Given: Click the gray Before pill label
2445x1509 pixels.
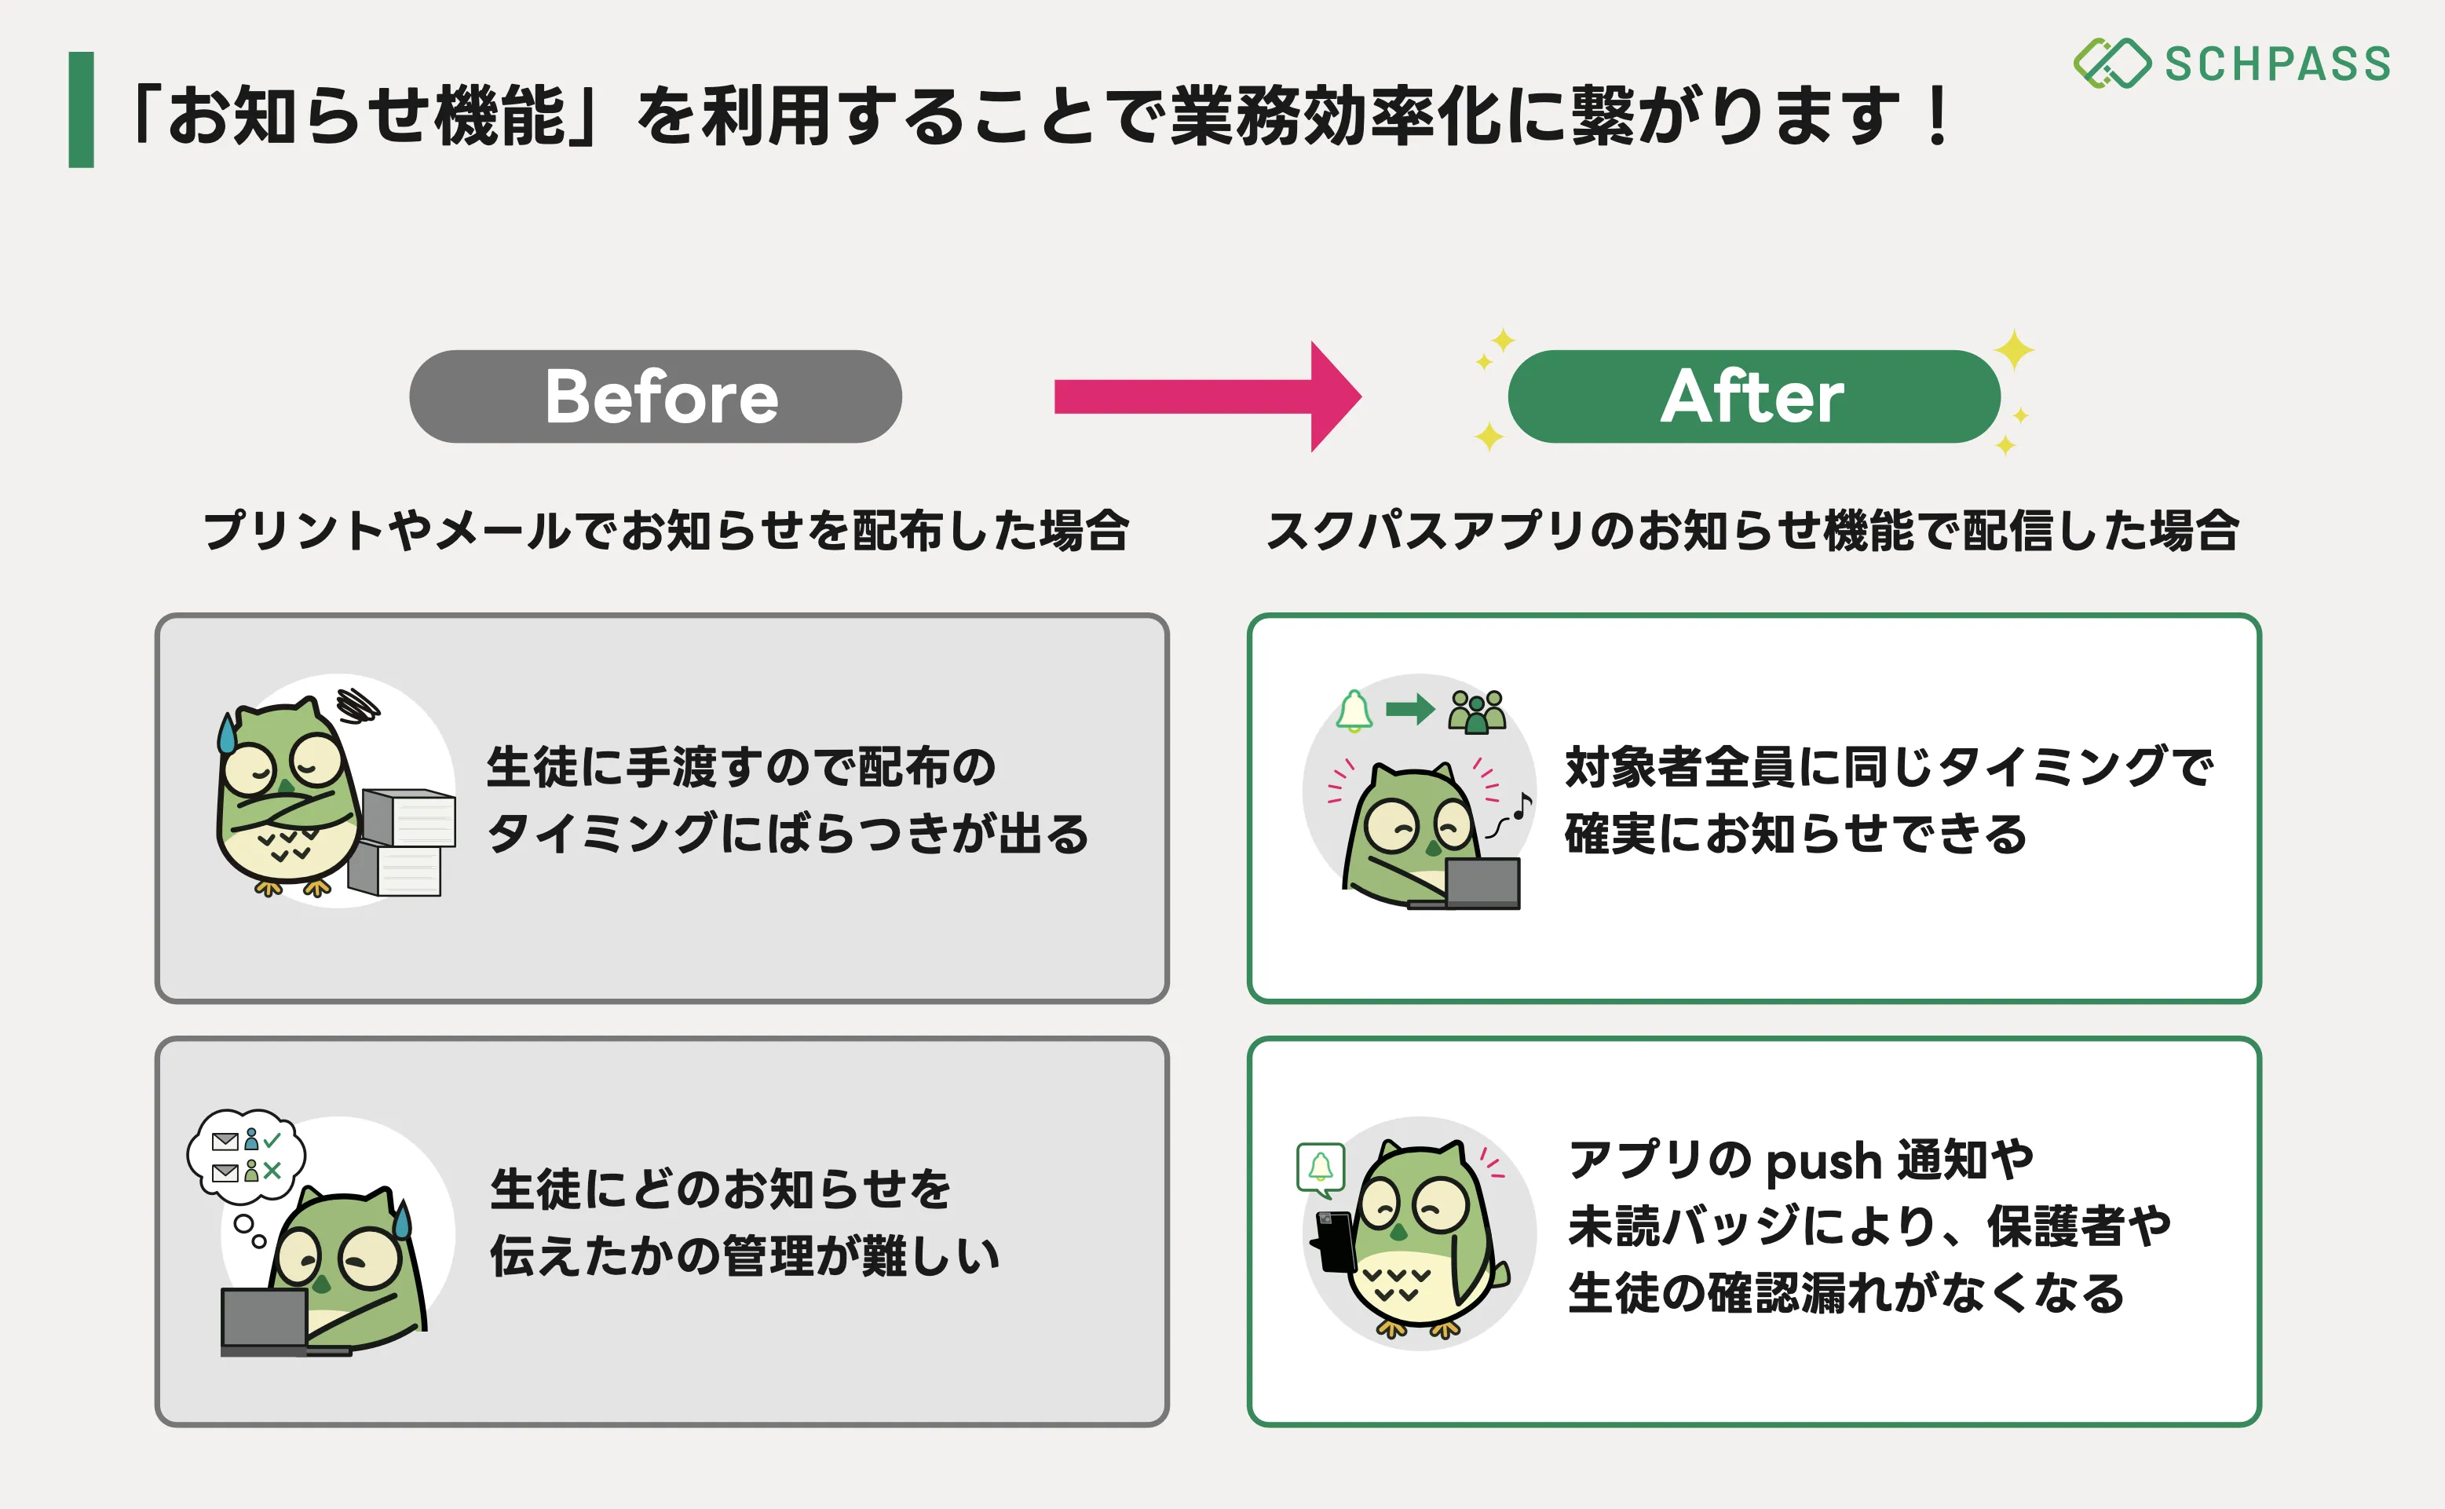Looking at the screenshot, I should click(655, 396).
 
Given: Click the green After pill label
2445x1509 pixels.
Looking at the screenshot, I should click(1752, 396).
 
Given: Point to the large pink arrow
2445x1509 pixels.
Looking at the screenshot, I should click(1208, 396).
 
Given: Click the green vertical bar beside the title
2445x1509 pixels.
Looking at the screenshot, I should click(81, 110).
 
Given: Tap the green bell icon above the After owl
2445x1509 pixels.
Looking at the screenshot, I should click(1354, 711).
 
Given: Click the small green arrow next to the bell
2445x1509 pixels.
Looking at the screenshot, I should click(1410, 710).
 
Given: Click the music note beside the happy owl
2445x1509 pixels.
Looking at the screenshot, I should click(1521, 805).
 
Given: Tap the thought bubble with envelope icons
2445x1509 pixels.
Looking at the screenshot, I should click(247, 1156).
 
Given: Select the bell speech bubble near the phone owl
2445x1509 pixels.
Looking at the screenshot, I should click(1321, 1167).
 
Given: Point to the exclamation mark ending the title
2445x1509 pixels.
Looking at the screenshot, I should click(1938, 115).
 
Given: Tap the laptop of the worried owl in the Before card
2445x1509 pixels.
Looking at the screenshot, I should click(264, 1319).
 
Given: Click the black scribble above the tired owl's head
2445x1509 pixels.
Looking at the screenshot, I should click(357, 704).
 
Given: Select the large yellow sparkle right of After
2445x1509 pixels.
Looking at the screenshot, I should click(2014, 349).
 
